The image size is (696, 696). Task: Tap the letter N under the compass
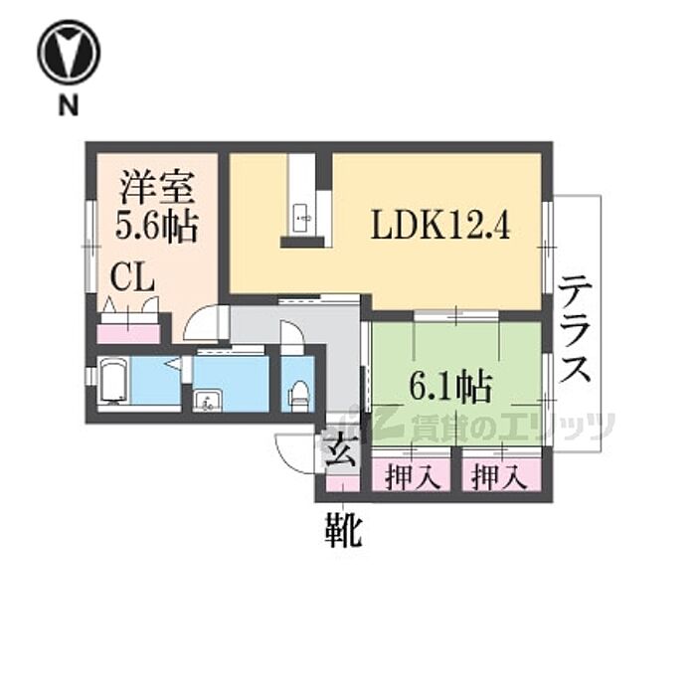pyautogui.click(x=68, y=107)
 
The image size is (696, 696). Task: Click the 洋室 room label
pyautogui.click(x=155, y=186)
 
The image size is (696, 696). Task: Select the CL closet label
pyautogui.click(x=131, y=277)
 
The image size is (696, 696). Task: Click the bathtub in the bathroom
pyautogui.click(x=113, y=383)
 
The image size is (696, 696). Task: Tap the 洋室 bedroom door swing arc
pyautogui.click(x=207, y=324)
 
